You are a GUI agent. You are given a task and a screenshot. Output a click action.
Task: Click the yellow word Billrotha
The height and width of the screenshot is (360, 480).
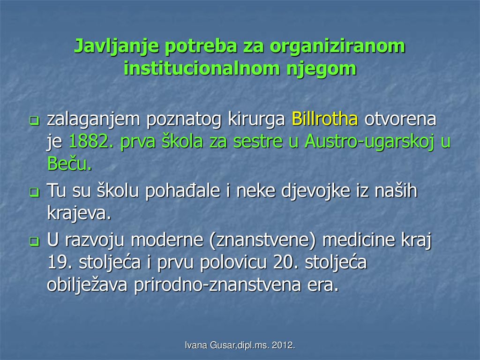pos(325,119)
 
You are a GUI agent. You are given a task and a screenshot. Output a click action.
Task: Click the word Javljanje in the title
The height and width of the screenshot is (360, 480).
pos(117,46)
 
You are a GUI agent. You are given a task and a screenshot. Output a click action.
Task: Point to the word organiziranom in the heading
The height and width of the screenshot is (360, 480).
pos(337,46)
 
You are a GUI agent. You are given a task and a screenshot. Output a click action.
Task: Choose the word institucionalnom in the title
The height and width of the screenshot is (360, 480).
pos(202,68)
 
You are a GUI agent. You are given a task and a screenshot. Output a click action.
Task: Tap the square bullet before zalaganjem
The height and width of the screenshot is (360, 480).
pos(34,120)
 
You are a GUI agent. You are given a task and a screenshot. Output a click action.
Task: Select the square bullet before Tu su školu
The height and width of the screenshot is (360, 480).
pos(34,192)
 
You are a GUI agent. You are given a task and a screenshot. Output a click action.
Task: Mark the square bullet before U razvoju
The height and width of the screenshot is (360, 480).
pos(34,241)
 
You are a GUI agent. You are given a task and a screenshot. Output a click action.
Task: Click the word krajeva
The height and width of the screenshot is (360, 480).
pos(79,214)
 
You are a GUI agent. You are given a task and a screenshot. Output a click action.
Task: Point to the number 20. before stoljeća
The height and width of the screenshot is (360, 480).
pos(285,262)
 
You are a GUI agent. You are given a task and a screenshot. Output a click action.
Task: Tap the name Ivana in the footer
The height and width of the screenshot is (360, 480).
pos(196,345)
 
